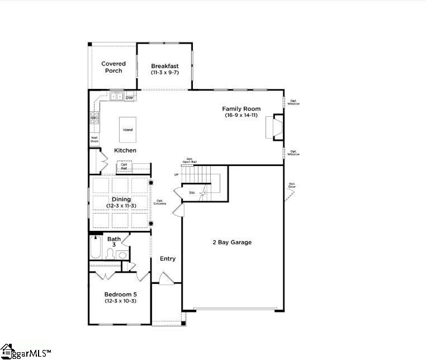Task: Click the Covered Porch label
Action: tap(113, 67)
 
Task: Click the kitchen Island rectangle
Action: tap(128, 130)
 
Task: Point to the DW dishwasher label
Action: tap(129, 98)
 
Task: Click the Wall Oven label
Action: tap(94, 139)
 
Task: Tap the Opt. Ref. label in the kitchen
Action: tap(124, 166)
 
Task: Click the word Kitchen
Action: tap(125, 150)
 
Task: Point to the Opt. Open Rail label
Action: tap(190, 160)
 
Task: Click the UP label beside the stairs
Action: tap(177, 174)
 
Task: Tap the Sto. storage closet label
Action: tap(192, 192)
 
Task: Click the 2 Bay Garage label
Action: tap(232, 242)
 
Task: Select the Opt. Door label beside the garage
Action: tap(292, 185)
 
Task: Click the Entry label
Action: tap(168, 258)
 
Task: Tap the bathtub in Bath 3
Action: tap(95, 249)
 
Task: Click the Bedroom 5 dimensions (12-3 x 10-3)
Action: tap(120, 301)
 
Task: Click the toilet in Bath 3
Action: tap(110, 255)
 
